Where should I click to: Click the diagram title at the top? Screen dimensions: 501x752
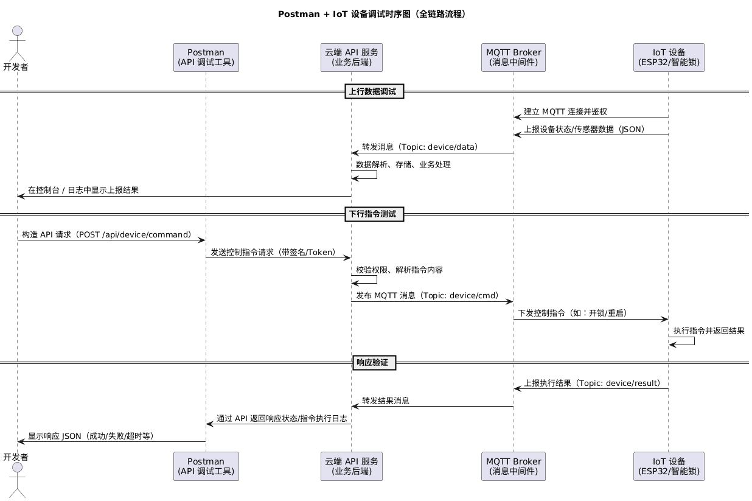click(375, 14)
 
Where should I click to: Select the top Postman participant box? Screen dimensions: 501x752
click(206, 57)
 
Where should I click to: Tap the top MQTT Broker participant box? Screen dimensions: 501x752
click(513, 57)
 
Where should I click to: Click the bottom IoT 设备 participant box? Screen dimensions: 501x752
click(668, 466)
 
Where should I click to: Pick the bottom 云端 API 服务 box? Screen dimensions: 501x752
click(351, 466)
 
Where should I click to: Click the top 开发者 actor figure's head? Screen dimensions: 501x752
click(16, 32)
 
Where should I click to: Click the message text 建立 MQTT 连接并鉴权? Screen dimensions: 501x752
click(565, 112)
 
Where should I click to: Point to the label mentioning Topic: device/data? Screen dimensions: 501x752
click(420, 147)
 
